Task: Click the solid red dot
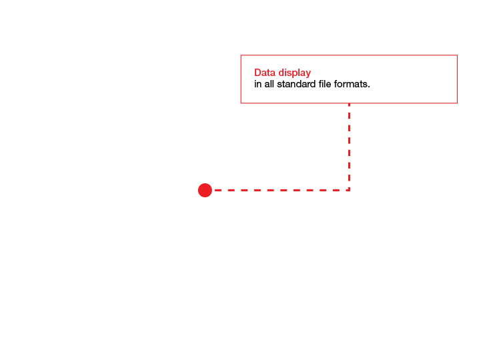click(205, 190)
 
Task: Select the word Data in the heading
click(265, 73)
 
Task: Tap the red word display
click(295, 73)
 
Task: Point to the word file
click(325, 84)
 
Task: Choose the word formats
click(351, 84)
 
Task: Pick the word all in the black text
click(269, 84)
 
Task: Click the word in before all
click(258, 84)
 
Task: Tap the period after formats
click(369, 87)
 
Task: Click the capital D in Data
click(258, 73)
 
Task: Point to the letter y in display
click(308, 75)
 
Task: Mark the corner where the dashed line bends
click(349, 190)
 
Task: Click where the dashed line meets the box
click(349, 103)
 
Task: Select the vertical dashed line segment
click(349, 147)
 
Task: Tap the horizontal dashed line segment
click(282, 190)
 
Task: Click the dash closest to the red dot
click(217, 190)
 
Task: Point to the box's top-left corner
click(241, 55)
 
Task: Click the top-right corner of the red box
click(457, 55)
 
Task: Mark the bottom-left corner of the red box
click(241, 103)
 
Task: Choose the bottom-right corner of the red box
click(457, 103)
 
